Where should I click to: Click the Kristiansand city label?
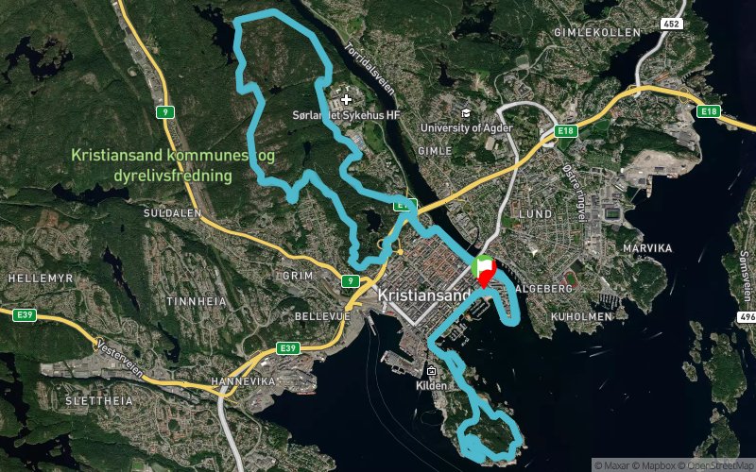[x=423, y=295]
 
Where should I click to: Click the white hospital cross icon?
[x=347, y=98]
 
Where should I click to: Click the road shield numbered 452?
[x=645, y=23]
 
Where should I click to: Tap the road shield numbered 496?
[x=747, y=317]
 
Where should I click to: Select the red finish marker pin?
[x=486, y=274]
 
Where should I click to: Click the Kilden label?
[x=431, y=385]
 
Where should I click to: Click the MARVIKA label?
[x=647, y=247]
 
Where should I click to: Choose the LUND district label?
[x=534, y=214]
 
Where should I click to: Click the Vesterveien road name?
[x=120, y=356]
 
